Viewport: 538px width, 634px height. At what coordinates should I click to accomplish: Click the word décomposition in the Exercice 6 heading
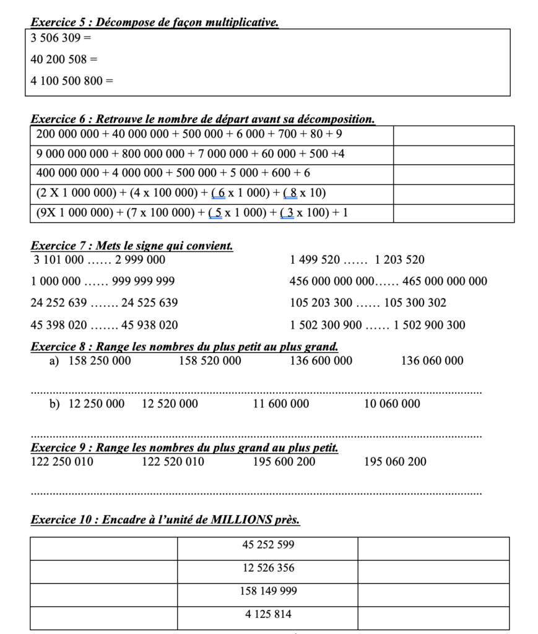[x=336, y=118]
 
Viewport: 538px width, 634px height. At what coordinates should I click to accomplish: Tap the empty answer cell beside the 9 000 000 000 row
[x=453, y=154]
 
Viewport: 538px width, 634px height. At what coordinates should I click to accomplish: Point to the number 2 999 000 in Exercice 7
[x=141, y=260]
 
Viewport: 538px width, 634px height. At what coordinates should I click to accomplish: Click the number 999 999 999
[x=144, y=282]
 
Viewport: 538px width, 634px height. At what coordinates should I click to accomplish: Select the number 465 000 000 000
[x=445, y=282]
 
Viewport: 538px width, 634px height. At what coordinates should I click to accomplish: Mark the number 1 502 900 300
[x=429, y=325]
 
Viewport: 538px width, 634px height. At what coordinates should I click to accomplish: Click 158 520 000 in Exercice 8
[x=210, y=361]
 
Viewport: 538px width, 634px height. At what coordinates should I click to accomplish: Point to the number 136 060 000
[x=432, y=361]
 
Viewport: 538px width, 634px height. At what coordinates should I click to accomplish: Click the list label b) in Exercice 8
[x=54, y=404]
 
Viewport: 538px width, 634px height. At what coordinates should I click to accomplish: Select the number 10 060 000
[x=392, y=404]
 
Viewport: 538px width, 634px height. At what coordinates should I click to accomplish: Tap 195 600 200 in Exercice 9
[x=284, y=462]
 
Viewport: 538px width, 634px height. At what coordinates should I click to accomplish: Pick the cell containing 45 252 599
[x=267, y=545]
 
